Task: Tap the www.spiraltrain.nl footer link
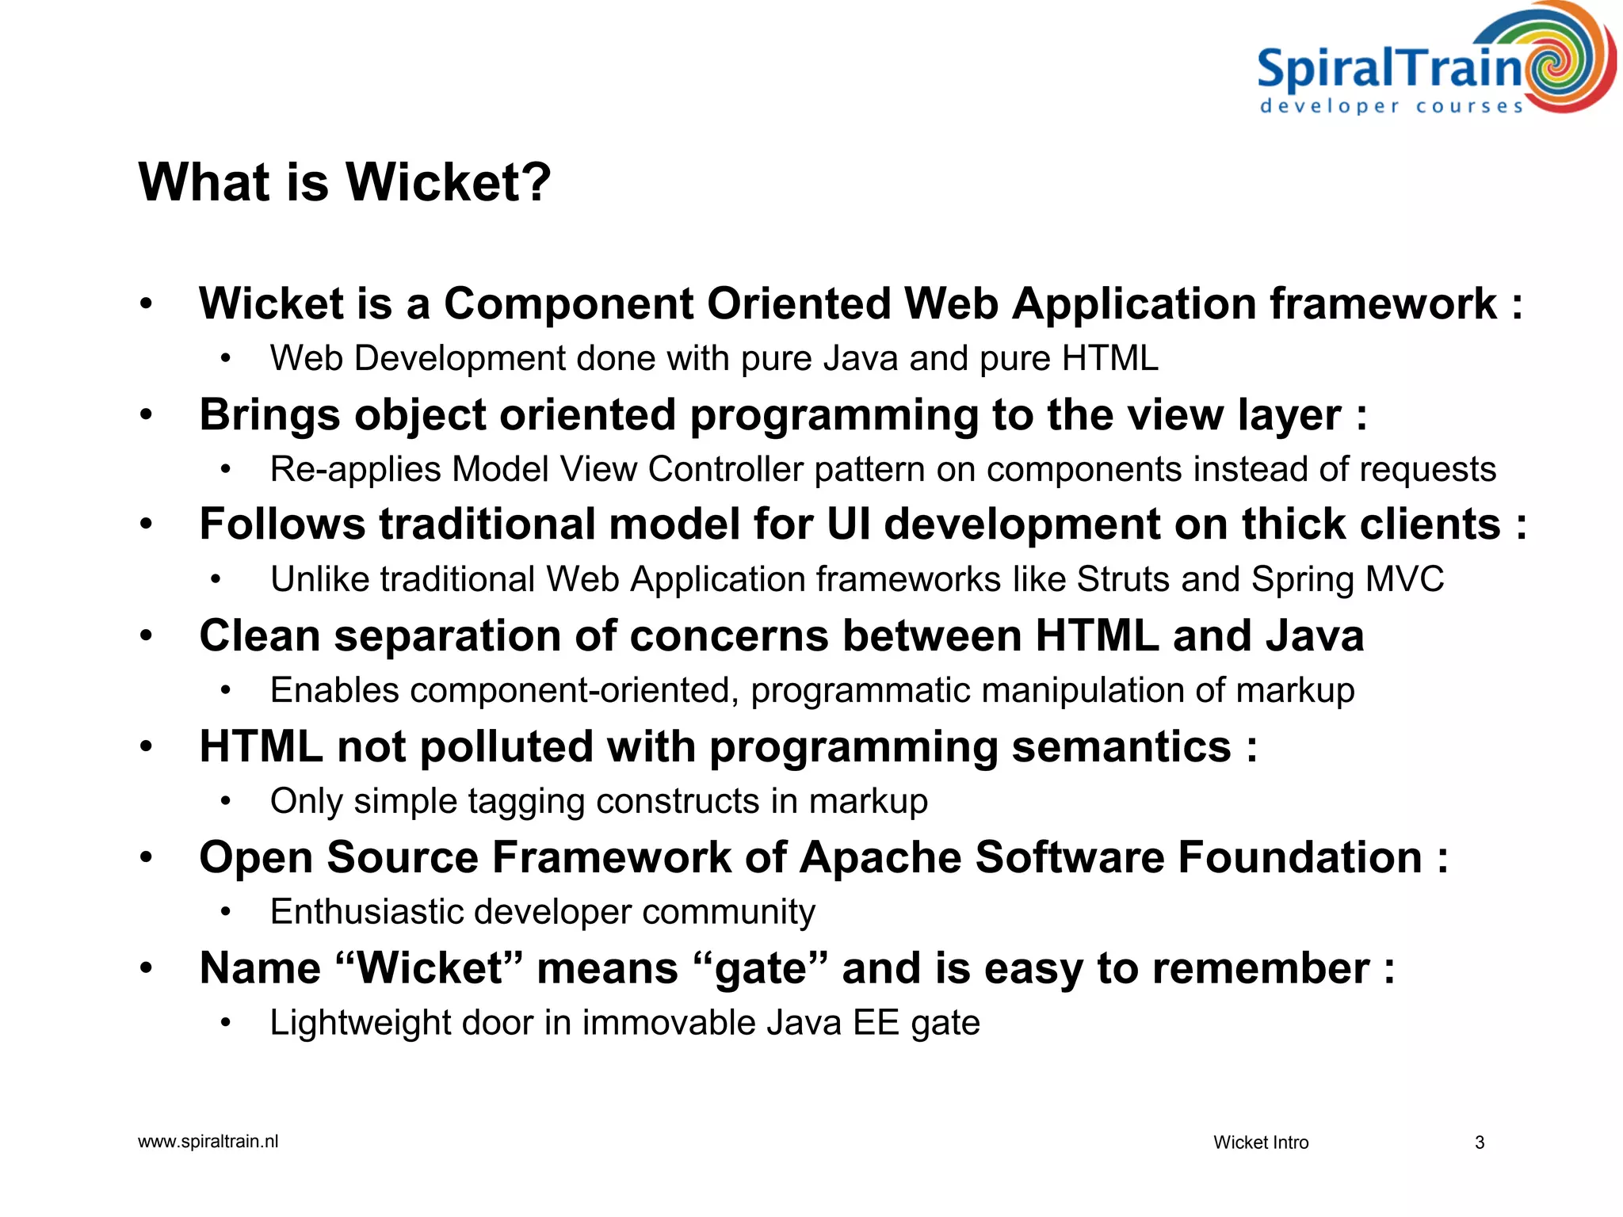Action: pos(208,1141)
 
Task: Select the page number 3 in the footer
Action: pos(1479,1143)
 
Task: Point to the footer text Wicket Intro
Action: pos(1261,1143)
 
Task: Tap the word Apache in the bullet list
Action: pos(880,857)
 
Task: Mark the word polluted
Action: pos(506,747)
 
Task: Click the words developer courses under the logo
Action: pos(1392,106)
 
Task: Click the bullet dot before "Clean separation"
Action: pos(146,636)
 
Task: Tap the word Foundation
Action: pos(1300,857)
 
